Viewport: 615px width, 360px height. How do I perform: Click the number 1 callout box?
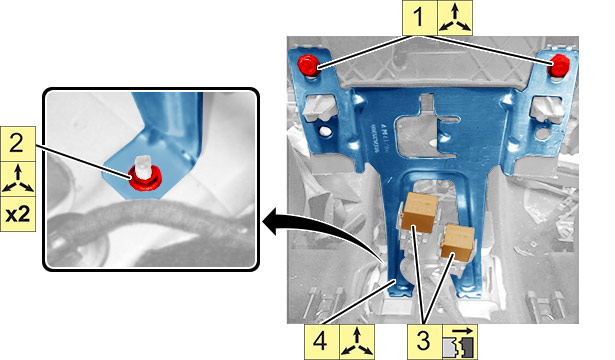(x=419, y=18)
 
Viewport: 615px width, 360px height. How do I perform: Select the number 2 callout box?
(x=18, y=144)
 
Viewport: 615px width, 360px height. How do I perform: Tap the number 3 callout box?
(x=425, y=342)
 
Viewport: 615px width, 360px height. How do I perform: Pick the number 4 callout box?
(x=321, y=342)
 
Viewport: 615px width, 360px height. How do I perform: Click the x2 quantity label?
(x=18, y=214)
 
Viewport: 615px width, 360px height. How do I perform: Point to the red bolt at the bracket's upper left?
(x=308, y=65)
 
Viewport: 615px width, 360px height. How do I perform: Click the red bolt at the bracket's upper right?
(x=559, y=65)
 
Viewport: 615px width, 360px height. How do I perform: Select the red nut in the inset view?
(x=146, y=178)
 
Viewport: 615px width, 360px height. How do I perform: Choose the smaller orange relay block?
(x=457, y=242)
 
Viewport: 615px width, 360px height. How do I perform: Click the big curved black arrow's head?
(x=271, y=222)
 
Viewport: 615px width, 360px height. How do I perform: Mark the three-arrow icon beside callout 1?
(x=455, y=18)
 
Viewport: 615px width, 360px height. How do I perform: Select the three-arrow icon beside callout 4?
(x=357, y=342)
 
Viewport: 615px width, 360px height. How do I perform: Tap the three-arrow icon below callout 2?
(x=18, y=179)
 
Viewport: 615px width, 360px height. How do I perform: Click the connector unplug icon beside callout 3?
(x=460, y=342)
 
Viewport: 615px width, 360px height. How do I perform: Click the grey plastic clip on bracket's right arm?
(x=548, y=108)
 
